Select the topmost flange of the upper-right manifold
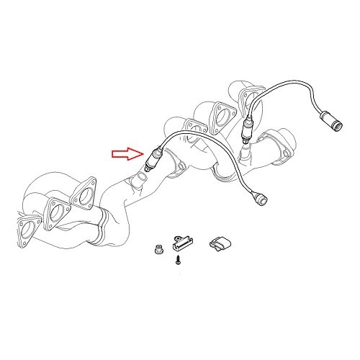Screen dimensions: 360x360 (x=248, y=98)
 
